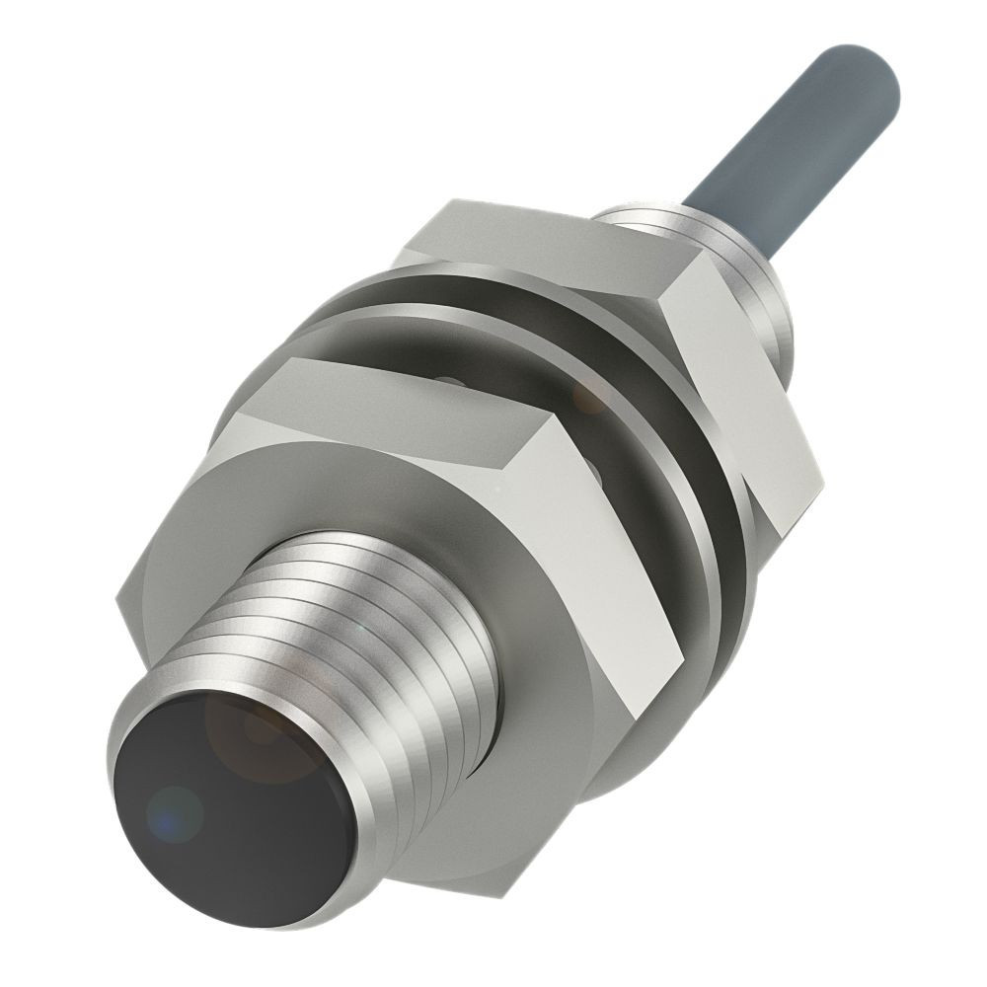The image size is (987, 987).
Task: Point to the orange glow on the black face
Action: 259,730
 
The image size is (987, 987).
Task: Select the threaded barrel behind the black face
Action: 395,632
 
